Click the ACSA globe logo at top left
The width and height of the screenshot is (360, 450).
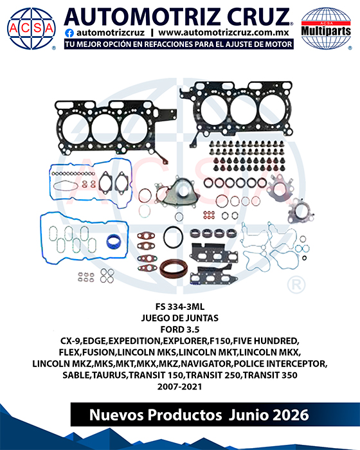[32, 28]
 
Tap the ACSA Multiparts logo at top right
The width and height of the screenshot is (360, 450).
[326, 28]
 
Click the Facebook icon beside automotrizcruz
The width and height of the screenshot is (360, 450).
[69, 33]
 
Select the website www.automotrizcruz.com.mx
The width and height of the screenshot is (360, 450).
[224, 33]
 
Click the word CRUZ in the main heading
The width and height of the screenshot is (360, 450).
[258, 17]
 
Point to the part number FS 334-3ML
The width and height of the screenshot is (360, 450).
[180, 307]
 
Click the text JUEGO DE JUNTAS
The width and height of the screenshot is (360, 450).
[180, 318]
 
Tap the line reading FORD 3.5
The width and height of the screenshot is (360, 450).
[180, 329]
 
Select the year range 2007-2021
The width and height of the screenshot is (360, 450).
[180, 386]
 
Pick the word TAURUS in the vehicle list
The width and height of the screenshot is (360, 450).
[109, 375]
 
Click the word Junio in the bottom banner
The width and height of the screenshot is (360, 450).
[248, 415]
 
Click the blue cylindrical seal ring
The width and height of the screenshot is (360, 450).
[114, 242]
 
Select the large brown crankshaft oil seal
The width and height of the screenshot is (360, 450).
[174, 269]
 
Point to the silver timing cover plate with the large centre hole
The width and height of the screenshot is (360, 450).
[177, 192]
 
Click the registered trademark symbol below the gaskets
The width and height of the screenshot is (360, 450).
[296, 285]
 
